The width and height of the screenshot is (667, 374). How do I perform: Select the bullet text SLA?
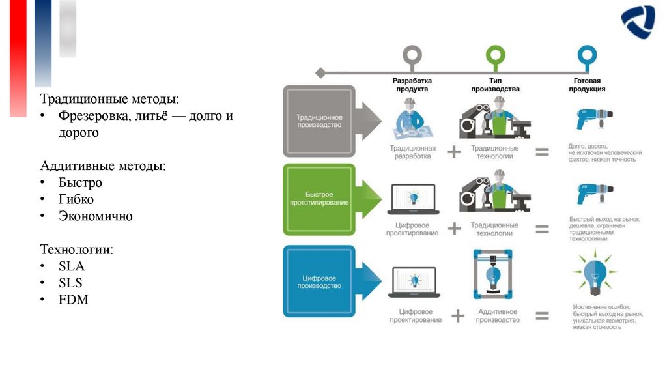pyautogui.click(x=72, y=266)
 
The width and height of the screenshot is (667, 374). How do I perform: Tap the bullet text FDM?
pyautogui.click(x=73, y=300)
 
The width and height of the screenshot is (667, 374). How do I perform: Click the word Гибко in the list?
pyautogui.click(x=76, y=199)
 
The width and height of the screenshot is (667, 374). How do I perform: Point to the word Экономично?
pyautogui.click(x=96, y=216)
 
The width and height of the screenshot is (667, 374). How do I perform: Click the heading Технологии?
pyautogui.click(x=77, y=250)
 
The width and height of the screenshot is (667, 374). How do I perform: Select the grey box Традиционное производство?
pyautogui.click(x=319, y=121)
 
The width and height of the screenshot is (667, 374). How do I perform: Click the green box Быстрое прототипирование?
pyautogui.click(x=319, y=199)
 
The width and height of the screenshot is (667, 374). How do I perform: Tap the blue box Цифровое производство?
pyautogui.click(x=319, y=281)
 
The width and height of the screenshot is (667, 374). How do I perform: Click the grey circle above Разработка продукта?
pyautogui.click(x=412, y=55)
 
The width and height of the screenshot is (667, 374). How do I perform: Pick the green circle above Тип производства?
pyautogui.click(x=495, y=55)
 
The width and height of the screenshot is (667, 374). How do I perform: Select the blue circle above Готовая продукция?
pyautogui.click(x=586, y=55)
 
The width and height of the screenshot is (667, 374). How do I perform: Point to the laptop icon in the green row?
pyautogui.click(x=412, y=201)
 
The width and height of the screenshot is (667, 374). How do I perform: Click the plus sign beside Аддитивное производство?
pyautogui.click(x=458, y=316)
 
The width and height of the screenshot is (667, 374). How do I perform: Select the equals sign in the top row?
pyautogui.click(x=542, y=152)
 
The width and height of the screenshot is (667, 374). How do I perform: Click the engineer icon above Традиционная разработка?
pyautogui.click(x=412, y=119)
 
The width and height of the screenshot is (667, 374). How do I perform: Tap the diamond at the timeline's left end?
pyautogui.click(x=320, y=73)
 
